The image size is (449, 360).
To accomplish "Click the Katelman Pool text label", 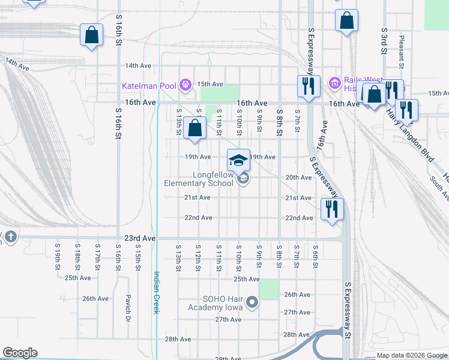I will click(x=149, y=86).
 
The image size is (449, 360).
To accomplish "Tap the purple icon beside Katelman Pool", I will click(x=185, y=85).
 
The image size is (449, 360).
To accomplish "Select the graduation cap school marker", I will click(x=238, y=160).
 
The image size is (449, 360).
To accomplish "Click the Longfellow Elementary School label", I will click(x=199, y=179).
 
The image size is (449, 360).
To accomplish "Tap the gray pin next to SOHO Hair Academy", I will click(x=252, y=303).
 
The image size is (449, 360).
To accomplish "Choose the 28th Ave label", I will click(x=178, y=339).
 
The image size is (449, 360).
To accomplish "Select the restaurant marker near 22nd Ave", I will click(x=331, y=209).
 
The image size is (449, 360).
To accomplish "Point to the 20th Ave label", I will click(x=298, y=178).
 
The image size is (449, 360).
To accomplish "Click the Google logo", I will click(x=20, y=353).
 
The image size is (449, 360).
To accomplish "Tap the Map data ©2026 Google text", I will click(x=411, y=356).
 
